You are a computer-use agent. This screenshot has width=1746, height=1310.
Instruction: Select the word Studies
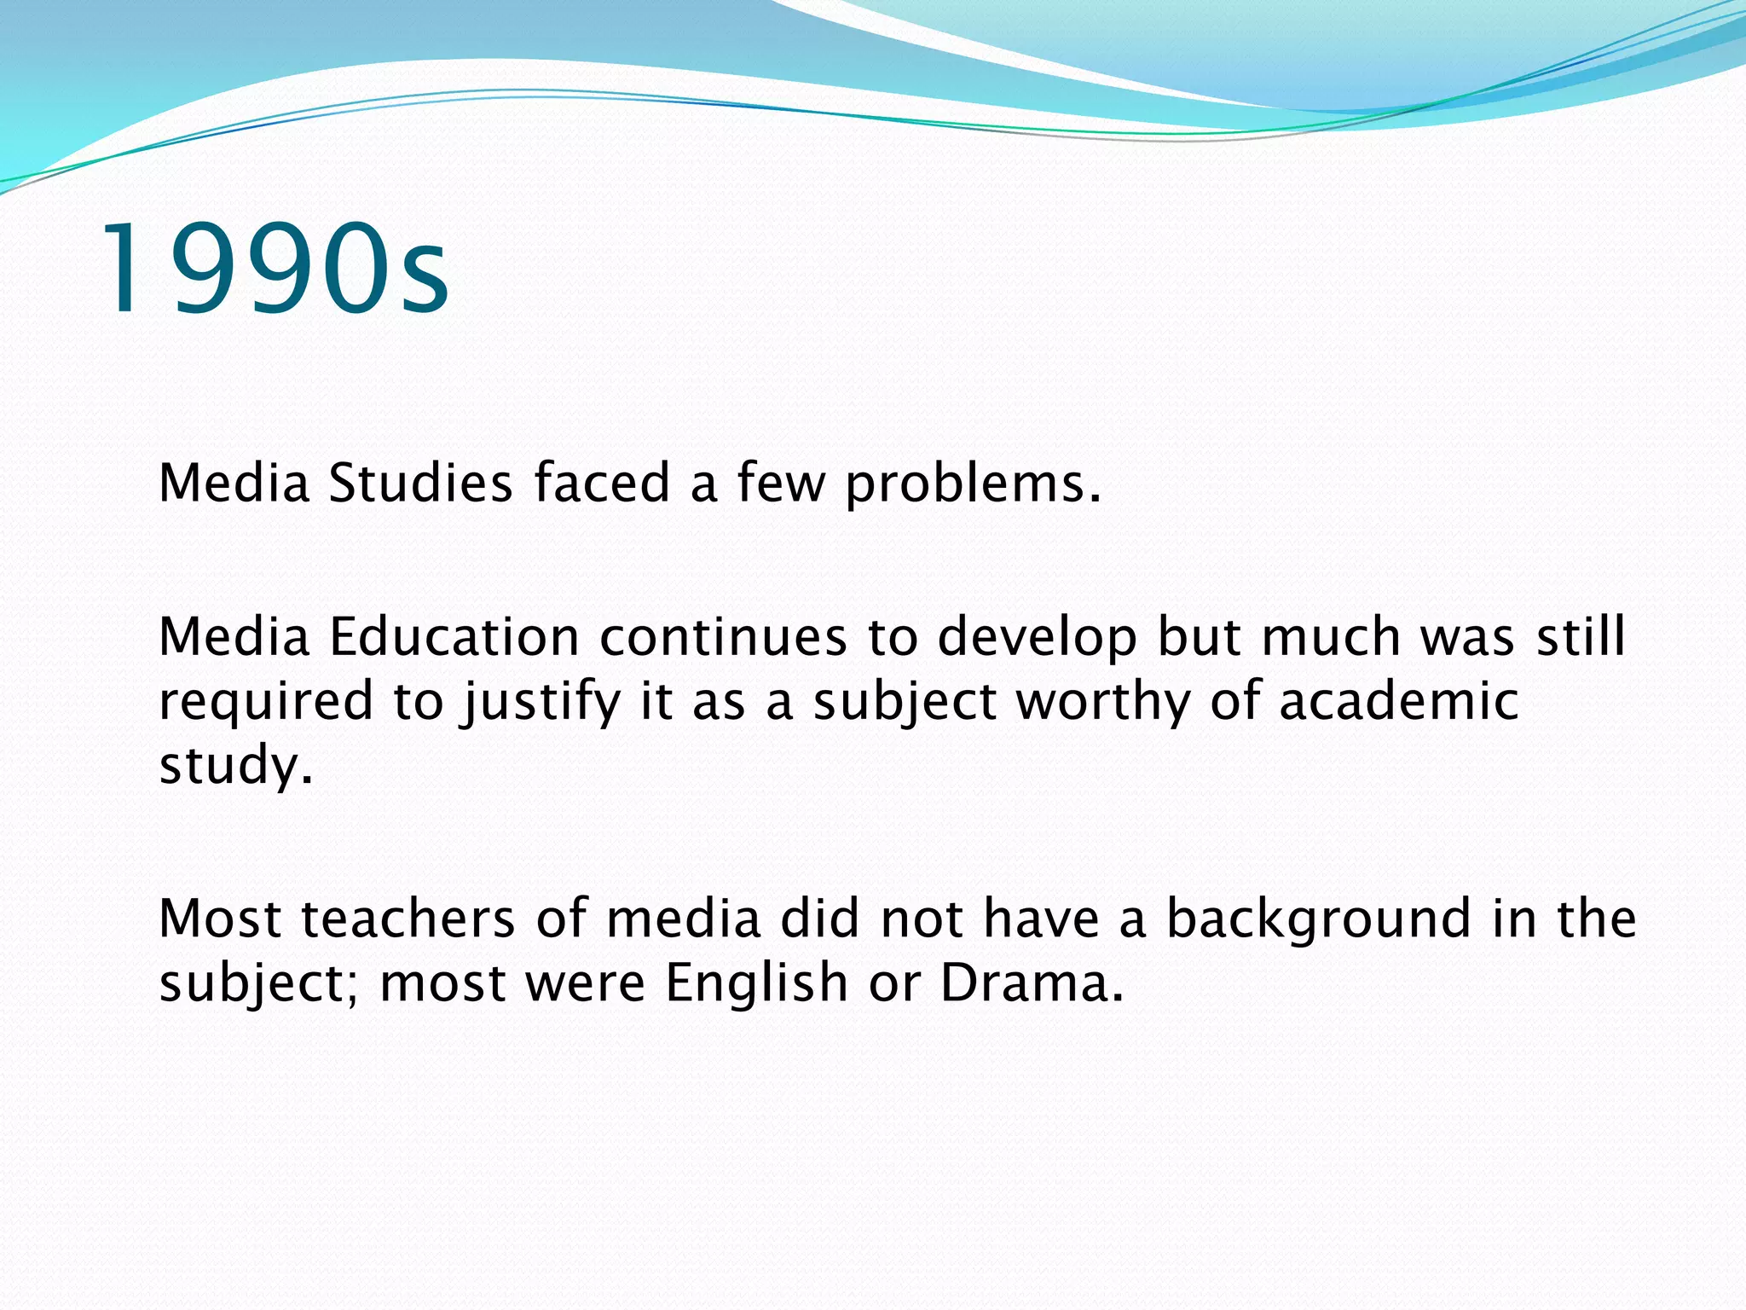[x=420, y=483]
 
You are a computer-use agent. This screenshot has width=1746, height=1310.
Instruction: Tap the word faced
[x=602, y=483]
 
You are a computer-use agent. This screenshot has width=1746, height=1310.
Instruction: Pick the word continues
[x=723, y=637]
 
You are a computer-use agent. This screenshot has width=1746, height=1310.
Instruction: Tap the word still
[x=1581, y=637]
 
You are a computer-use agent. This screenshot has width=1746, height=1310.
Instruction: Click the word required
[x=266, y=702]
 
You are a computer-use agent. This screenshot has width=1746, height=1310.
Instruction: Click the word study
[x=235, y=765]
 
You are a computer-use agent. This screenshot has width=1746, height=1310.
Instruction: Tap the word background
[x=1318, y=920]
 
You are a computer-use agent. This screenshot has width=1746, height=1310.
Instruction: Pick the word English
[x=756, y=982]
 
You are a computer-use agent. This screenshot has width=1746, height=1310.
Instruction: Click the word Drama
[x=1031, y=982]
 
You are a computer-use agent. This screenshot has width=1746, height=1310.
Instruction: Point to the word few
[x=781, y=483]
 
